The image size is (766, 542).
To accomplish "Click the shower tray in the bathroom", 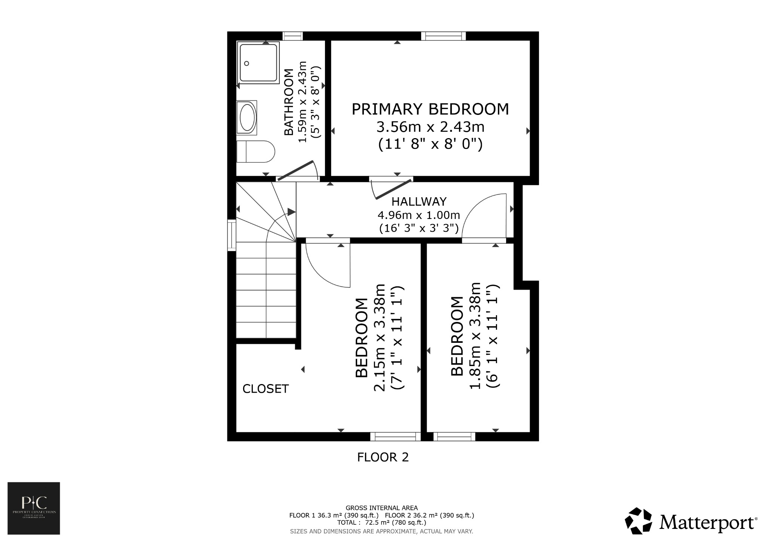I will pyautogui.click(x=259, y=63).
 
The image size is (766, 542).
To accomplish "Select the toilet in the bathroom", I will pyautogui.click(x=256, y=152).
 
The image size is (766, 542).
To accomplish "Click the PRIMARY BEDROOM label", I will pyautogui.click(x=430, y=109).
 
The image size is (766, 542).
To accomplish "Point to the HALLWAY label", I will pyautogui.click(x=419, y=202).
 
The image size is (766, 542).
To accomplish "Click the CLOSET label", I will pyautogui.click(x=266, y=389).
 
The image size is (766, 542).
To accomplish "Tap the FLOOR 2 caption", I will pyautogui.click(x=383, y=457).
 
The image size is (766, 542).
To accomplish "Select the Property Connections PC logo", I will pyautogui.click(x=34, y=508).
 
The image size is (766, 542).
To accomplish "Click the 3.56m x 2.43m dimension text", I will pyautogui.click(x=430, y=127).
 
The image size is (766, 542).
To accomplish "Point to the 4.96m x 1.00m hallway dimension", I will pyautogui.click(x=419, y=215).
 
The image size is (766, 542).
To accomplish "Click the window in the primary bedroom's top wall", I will pyautogui.click(x=443, y=36).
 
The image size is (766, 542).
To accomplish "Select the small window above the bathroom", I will pyautogui.click(x=292, y=36).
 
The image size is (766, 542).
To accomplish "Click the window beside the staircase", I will pyautogui.click(x=232, y=235).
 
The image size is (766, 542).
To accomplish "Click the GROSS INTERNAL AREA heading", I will pyautogui.click(x=382, y=508).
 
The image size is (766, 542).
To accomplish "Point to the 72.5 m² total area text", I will pyautogui.click(x=382, y=523).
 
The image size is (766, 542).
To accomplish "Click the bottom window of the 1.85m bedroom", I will pyautogui.click(x=454, y=436).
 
